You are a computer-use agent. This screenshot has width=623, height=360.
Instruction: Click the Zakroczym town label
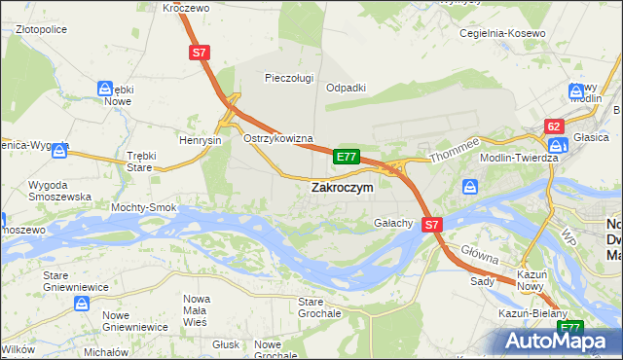[x=341, y=189]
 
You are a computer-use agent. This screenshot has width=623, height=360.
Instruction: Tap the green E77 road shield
[x=347, y=156]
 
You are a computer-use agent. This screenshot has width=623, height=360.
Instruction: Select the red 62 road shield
[x=555, y=126]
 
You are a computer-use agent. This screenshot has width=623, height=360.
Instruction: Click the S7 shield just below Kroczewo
[x=200, y=54]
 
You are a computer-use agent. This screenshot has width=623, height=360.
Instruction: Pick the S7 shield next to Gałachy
[x=433, y=224]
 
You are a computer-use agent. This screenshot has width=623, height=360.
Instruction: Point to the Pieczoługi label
[x=288, y=77]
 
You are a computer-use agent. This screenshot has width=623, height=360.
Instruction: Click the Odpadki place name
[x=346, y=87]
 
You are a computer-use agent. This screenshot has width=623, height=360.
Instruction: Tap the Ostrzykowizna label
[x=277, y=139]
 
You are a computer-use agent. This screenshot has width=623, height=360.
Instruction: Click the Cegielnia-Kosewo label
[x=502, y=32]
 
